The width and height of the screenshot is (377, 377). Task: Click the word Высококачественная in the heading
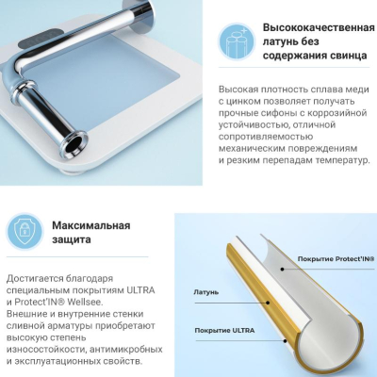pyautogui.click(x=319, y=27)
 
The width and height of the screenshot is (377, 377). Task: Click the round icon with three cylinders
pyautogui.click(x=236, y=41)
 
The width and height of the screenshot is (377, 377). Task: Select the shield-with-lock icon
pyautogui.click(x=24, y=230)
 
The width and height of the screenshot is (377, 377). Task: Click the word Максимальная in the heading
pyautogui.click(x=91, y=225)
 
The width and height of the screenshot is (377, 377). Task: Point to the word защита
pyautogui.click(x=72, y=239)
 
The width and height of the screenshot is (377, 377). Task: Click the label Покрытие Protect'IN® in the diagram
pyautogui.click(x=336, y=259)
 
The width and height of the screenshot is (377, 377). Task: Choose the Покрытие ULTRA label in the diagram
pyautogui.click(x=224, y=331)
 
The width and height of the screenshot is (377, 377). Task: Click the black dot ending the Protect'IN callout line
pyautogui.click(x=283, y=270)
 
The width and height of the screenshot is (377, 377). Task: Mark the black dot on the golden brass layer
pyautogui.click(x=268, y=303)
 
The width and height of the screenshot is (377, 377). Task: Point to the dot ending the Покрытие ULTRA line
pyautogui.click(x=286, y=341)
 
